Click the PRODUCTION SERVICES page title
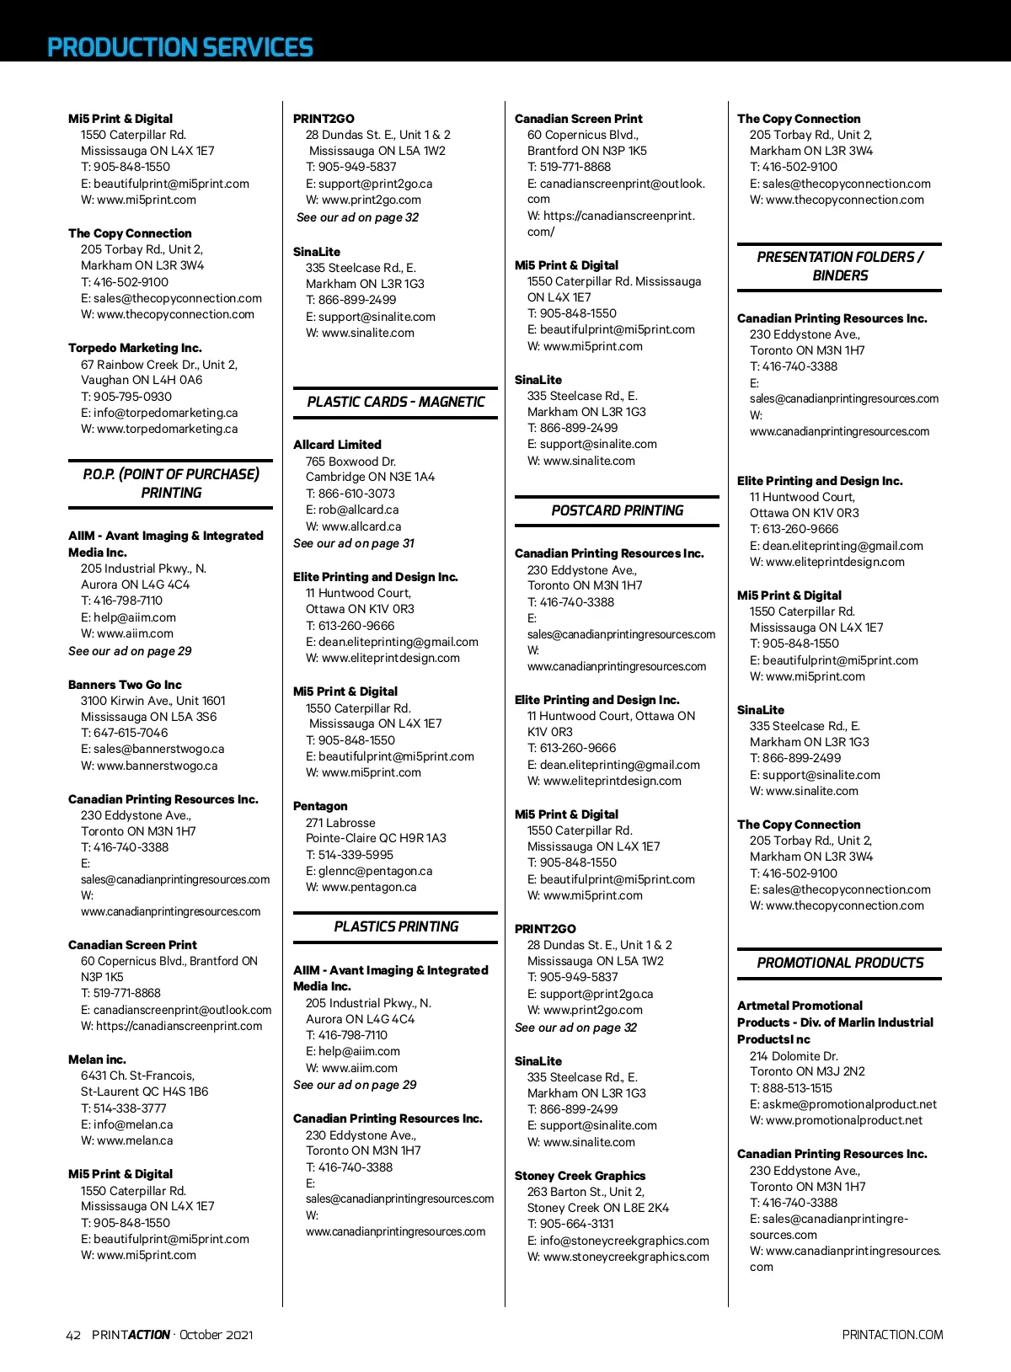pyautogui.click(x=179, y=47)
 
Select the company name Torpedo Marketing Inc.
pyautogui.click(x=135, y=348)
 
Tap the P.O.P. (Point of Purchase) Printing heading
pyautogui.click(x=171, y=483)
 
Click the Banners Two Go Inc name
pyautogui.click(x=125, y=685)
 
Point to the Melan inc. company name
pyautogui.click(x=97, y=1060)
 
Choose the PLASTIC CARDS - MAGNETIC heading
pyautogui.click(x=396, y=402)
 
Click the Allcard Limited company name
pyautogui.click(x=337, y=445)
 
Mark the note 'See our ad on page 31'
pyautogui.click(x=354, y=543)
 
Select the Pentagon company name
pyautogui.click(x=320, y=806)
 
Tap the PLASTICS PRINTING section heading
pyautogui.click(x=396, y=926)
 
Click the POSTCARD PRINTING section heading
pyautogui.click(x=618, y=510)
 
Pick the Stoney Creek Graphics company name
pyautogui.click(x=580, y=1176)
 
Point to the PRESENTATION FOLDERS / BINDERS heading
pyautogui.click(x=840, y=266)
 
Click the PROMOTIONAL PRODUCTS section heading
pyautogui.click(x=840, y=963)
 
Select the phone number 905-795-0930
pyautogui.click(x=132, y=397)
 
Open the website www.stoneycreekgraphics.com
pyautogui.click(x=626, y=1257)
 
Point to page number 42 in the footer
pyautogui.click(x=73, y=1335)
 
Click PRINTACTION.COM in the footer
pyautogui.click(x=892, y=1335)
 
